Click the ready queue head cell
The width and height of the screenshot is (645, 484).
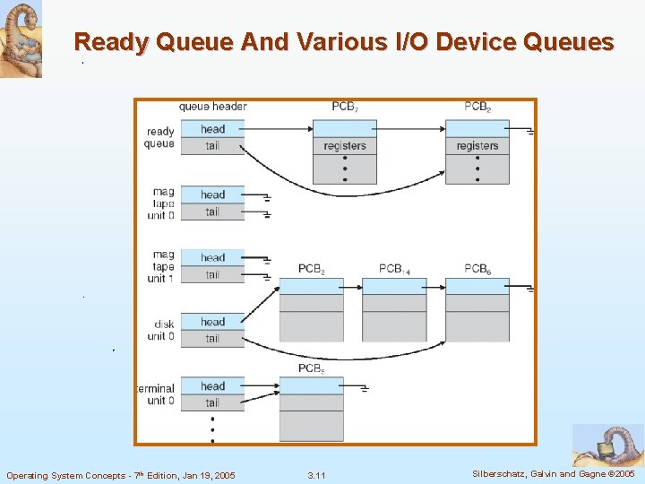coord(212,129)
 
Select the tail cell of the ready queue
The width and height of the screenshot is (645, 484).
coord(212,145)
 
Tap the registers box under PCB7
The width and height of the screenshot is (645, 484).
coord(344,145)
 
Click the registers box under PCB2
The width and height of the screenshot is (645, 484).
coord(477,145)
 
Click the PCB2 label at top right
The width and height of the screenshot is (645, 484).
coord(477,107)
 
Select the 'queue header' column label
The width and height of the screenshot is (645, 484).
coord(213,107)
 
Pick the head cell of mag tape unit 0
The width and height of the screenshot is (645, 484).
coord(212,194)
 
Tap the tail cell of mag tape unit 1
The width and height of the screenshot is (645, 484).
coord(212,274)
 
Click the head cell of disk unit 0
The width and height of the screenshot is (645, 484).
coord(212,322)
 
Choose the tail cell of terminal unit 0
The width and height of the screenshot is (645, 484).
coord(212,402)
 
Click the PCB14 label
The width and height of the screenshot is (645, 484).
coord(394,269)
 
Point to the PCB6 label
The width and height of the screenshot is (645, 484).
coord(477,269)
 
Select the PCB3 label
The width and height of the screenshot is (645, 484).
coord(312,269)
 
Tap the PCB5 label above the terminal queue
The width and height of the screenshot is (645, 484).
coord(312,368)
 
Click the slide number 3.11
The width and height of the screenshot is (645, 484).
coord(316,475)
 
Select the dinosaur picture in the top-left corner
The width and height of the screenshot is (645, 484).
coord(21,39)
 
